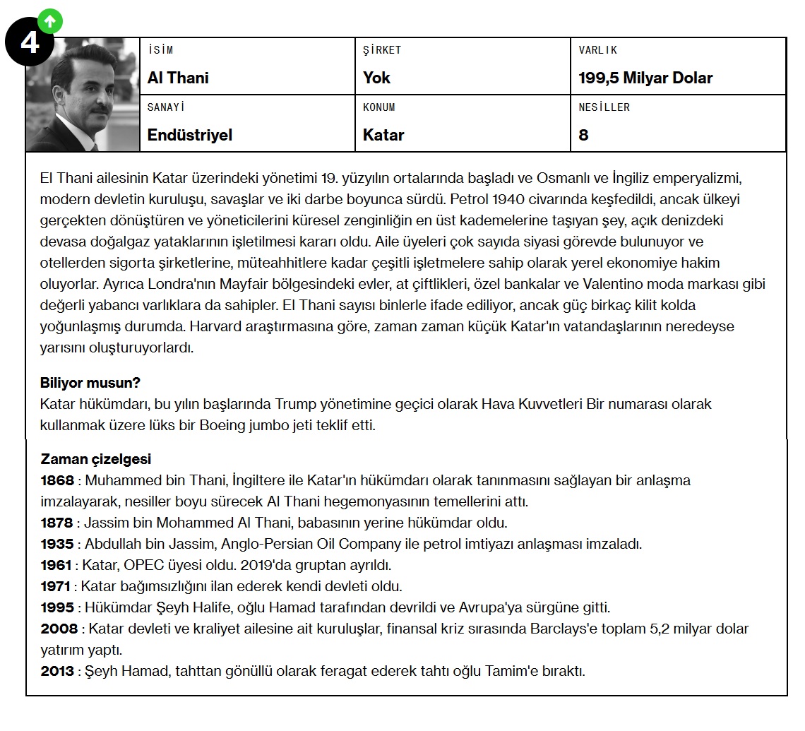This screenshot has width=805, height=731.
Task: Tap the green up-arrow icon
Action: [49, 21]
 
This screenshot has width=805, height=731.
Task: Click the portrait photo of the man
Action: [83, 95]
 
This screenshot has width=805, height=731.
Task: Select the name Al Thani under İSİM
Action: [178, 78]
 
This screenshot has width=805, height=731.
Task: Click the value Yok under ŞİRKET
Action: [376, 78]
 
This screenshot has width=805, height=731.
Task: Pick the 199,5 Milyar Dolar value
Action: [645, 78]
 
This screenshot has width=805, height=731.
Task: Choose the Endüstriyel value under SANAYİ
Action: [189, 134]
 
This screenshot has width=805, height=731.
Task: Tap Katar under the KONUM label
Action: [383, 134]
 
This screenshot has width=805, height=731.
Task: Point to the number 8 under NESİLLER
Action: [583, 134]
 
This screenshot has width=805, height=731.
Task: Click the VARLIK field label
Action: [597, 50]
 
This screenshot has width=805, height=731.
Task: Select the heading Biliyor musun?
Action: [90, 383]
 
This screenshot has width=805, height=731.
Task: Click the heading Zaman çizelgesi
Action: [96, 459]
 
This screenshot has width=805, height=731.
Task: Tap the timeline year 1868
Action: [56, 480]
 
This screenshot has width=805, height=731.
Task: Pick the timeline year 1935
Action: [56, 544]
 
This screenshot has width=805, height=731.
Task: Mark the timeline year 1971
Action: [56, 586]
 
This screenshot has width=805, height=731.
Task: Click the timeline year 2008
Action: [59, 629]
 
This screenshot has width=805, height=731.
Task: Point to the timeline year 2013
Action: [56, 671]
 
